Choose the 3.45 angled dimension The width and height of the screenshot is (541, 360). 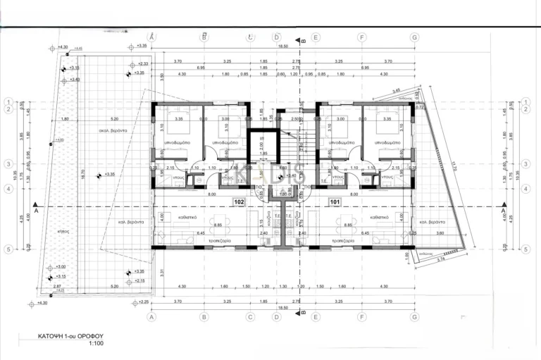point(397,92)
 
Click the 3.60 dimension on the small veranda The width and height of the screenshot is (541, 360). point(439,232)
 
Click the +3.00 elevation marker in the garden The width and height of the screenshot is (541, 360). point(61,267)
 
